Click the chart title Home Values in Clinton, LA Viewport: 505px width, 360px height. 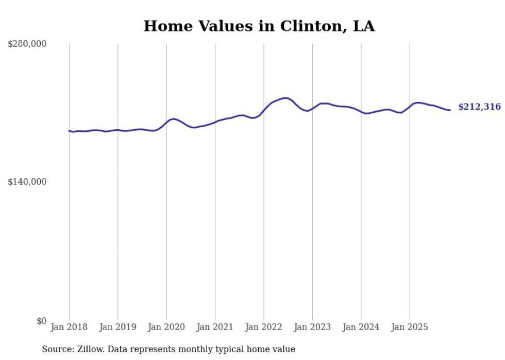pyautogui.click(x=259, y=26)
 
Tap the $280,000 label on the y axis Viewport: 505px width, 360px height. pyautogui.click(x=27, y=44)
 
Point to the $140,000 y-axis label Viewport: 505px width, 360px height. pyautogui.click(x=27, y=182)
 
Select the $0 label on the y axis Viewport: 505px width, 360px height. pyautogui.click(x=41, y=321)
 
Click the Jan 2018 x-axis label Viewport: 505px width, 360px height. pyautogui.click(x=69, y=327)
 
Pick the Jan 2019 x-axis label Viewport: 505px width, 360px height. pyautogui.click(x=117, y=327)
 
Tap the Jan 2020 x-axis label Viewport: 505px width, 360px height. pyautogui.click(x=166, y=327)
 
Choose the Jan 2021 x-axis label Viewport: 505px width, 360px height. pyautogui.click(x=215, y=327)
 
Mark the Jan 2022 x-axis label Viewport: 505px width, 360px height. pyautogui.click(x=264, y=327)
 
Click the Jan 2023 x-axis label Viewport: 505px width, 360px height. pyautogui.click(x=312, y=327)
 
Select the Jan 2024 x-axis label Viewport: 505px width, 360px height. pyautogui.click(x=361, y=327)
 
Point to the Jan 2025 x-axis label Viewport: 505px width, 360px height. pyautogui.click(x=410, y=327)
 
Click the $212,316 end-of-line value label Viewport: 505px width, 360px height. pyautogui.click(x=479, y=107)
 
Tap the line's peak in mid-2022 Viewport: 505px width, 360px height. pyautogui.click(x=284, y=98)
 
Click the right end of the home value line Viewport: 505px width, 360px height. pyautogui.click(x=450, y=110)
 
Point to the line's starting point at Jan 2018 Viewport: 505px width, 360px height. pyautogui.click(x=69, y=131)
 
